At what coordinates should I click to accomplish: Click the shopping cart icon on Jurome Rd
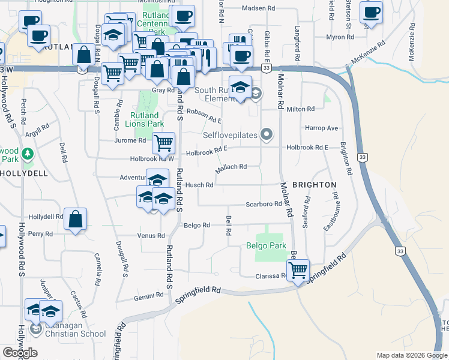tap(163, 143)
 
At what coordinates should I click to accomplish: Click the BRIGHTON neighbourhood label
tap(313, 185)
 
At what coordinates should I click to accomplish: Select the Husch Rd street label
tap(199, 185)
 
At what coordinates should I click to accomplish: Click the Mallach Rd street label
tap(231, 167)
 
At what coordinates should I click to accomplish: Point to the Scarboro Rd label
tap(264, 204)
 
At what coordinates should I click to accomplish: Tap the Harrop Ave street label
tap(322, 128)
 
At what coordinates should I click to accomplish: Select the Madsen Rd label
tap(258, 8)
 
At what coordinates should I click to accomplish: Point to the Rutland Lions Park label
tap(145, 120)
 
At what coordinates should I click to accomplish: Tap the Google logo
tap(20, 352)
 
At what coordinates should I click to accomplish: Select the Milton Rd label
tap(301, 109)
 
